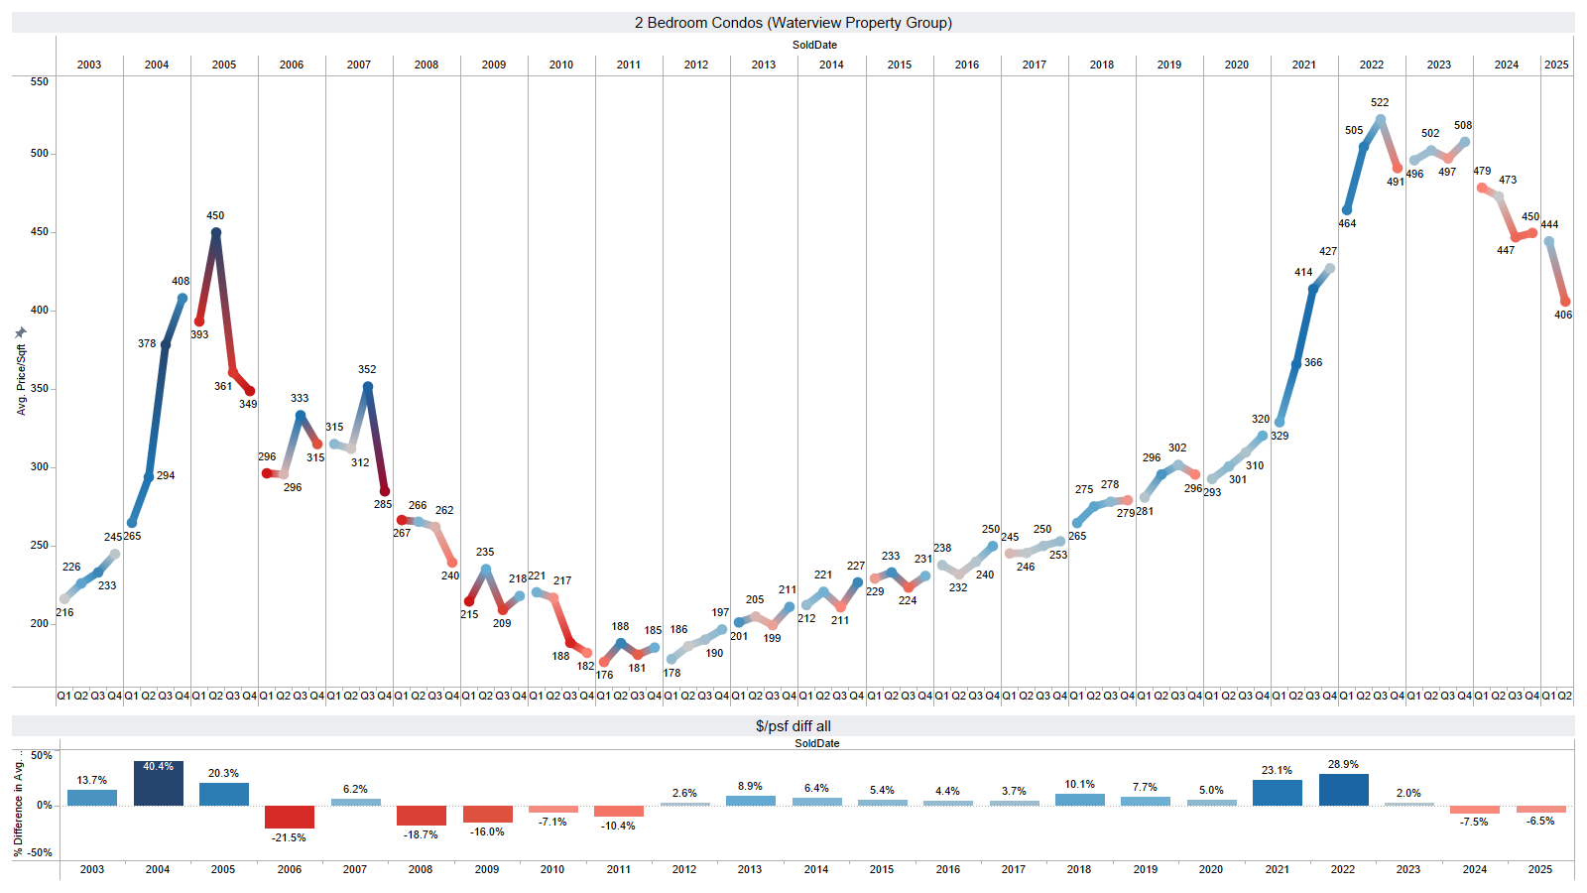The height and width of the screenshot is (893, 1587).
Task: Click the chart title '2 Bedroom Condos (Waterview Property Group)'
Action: pos(793,23)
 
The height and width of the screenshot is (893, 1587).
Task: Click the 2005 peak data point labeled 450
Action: pos(216,233)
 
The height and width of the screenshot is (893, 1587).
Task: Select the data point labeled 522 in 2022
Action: pos(1381,119)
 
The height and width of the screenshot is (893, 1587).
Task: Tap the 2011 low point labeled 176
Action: pos(604,662)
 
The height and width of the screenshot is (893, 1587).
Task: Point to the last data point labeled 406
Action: pos(1565,302)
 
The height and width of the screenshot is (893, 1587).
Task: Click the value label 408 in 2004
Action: pos(181,282)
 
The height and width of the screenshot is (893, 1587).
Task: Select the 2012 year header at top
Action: pos(696,64)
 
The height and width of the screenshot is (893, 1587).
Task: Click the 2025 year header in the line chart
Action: pos(1556,64)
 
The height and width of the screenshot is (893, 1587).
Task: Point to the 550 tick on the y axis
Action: pos(39,81)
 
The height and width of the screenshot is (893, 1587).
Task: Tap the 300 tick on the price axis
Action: pos(39,466)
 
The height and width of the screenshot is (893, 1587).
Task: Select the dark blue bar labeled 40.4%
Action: pos(159,784)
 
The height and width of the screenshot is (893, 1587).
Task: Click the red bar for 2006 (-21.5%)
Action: pos(290,817)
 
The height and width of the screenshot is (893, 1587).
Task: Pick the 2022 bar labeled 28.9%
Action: pos(1343,790)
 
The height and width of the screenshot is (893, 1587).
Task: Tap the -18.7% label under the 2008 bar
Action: pos(421,834)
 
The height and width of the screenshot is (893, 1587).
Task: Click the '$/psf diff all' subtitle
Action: pos(793,726)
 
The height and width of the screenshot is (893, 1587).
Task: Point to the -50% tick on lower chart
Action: pos(40,852)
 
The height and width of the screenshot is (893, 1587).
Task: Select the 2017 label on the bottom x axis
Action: pos(1014,869)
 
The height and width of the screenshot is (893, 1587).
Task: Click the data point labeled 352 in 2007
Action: pos(368,387)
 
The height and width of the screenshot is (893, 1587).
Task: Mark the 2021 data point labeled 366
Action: pos(1296,364)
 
